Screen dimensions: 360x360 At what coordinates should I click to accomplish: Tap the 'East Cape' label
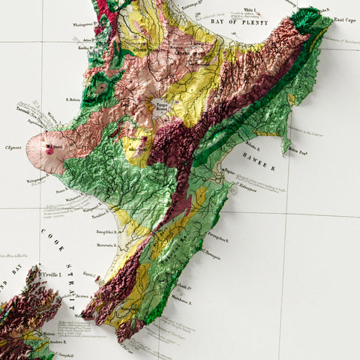pos(343,19)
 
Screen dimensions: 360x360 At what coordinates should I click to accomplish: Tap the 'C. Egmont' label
pos(12,148)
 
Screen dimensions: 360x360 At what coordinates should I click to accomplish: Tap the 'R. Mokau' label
pos(73,98)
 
